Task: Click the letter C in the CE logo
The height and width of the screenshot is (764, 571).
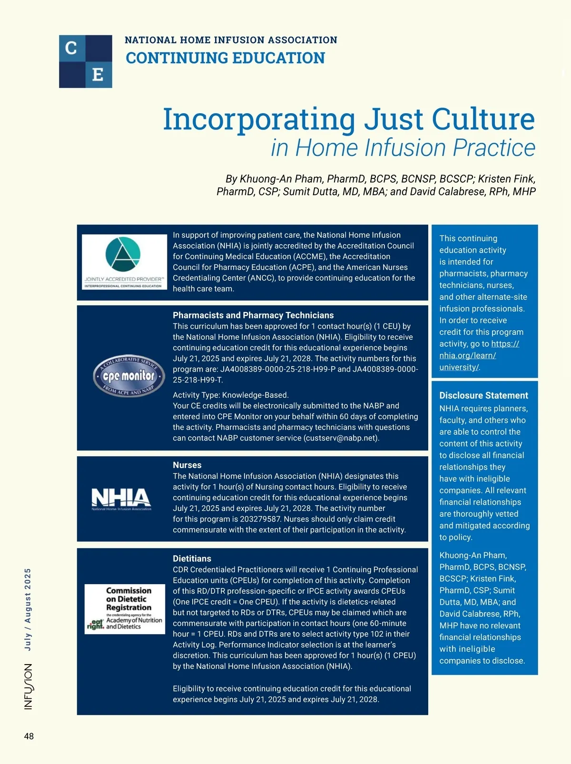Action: [x=71, y=48]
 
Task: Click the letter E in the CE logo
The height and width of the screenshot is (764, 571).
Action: [x=98, y=75]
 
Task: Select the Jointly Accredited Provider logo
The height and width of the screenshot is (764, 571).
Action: [x=124, y=262]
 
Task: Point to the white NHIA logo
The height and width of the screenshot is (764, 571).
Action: [x=121, y=498]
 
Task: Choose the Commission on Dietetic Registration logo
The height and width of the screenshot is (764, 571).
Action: [x=125, y=609]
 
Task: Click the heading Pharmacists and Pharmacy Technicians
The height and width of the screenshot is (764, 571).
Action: [x=253, y=315]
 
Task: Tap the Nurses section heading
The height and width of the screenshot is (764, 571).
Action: [x=187, y=465]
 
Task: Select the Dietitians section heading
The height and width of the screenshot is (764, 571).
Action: [x=192, y=558]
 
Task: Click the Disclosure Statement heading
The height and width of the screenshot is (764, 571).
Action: [x=483, y=395]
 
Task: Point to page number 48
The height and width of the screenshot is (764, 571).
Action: [x=29, y=736]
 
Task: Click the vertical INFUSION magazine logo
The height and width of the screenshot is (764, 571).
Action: [x=29, y=686]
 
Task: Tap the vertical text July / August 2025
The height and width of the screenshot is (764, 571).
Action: [x=28, y=609]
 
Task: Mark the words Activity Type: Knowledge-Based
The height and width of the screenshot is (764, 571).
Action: [x=231, y=395]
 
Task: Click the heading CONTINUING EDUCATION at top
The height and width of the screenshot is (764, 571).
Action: [x=225, y=58]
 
